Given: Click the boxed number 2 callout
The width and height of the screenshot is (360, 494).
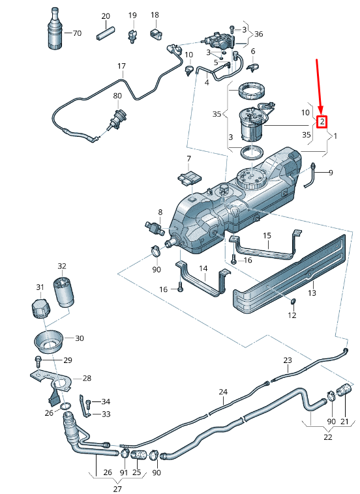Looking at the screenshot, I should pos(322,121).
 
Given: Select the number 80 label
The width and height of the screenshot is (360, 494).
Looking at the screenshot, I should pos(117,96).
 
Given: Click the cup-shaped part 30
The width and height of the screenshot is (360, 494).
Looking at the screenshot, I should pos(48,341).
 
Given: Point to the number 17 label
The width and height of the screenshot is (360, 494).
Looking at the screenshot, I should pos(121,66).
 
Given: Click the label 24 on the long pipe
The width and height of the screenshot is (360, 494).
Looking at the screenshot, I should pos(223,392).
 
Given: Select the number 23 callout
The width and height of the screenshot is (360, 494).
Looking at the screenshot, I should pos(288,360).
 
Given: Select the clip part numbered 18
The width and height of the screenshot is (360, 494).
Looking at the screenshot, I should pos(156,33).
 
